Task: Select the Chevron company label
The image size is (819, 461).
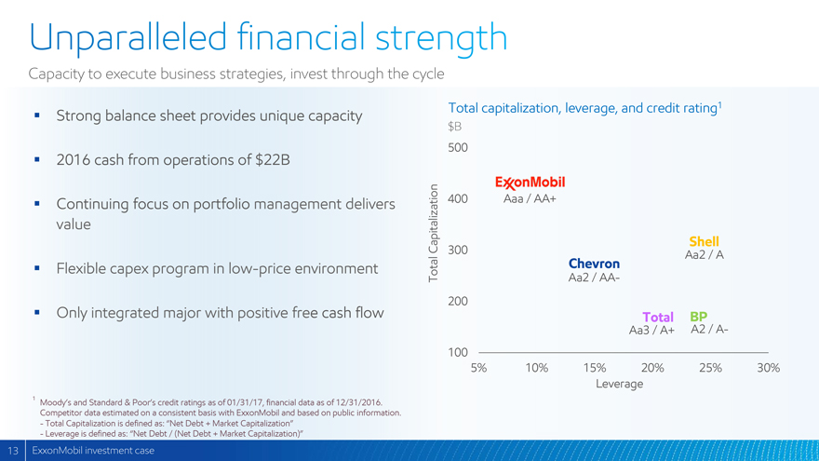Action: click(594, 264)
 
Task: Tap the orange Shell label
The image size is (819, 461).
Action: click(705, 241)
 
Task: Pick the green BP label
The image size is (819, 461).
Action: click(699, 316)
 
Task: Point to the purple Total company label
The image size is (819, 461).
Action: click(657, 317)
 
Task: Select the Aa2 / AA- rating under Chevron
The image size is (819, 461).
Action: click(594, 278)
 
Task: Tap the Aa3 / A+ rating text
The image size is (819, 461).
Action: click(651, 331)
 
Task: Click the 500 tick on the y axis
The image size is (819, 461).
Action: click(458, 148)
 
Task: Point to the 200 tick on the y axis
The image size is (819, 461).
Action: click(458, 302)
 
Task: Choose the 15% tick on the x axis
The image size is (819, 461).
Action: click(594, 368)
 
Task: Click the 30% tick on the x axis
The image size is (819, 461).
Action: click(768, 368)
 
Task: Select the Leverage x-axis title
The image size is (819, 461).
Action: click(619, 384)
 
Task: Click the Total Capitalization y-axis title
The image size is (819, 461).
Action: click(434, 233)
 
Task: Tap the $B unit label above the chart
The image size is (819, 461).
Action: click(455, 126)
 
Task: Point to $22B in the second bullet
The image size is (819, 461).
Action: click(272, 160)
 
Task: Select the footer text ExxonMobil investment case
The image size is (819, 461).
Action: click(93, 452)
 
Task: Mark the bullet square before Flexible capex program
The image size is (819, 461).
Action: click(35, 268)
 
